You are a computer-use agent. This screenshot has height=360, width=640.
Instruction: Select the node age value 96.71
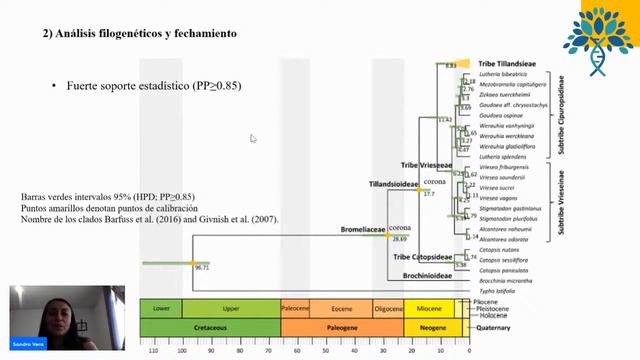(201, 268)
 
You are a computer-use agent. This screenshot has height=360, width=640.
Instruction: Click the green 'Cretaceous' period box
(210, 327)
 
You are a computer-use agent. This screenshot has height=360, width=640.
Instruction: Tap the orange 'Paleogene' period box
(342, 327)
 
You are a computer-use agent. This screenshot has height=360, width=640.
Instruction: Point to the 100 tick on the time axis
(181, 351)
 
